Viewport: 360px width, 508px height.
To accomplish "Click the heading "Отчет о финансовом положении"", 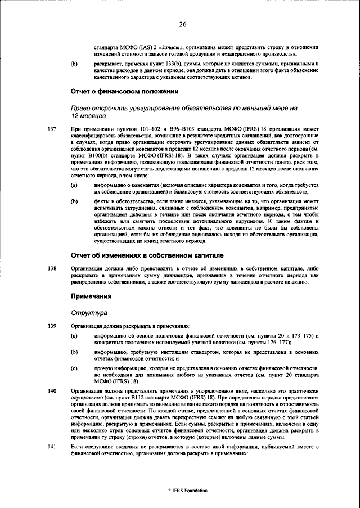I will pos(124,91).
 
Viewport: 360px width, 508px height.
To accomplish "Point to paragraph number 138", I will pos(52,268).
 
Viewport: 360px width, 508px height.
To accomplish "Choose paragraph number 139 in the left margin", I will pos(52,326).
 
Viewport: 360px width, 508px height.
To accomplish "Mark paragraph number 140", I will pos(52,390).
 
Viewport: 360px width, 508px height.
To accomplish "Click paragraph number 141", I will pos(52,446).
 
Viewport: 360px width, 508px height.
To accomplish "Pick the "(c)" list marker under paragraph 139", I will pos(74,367).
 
